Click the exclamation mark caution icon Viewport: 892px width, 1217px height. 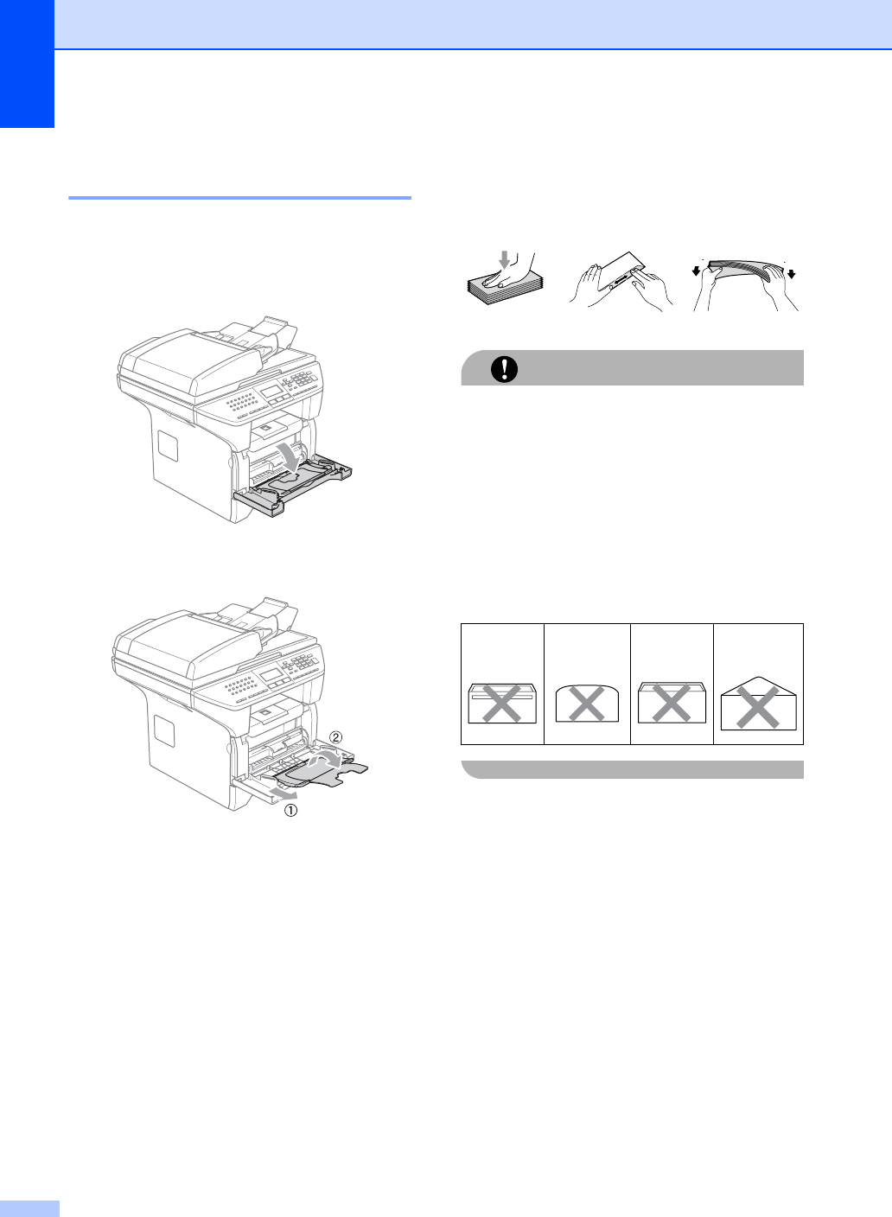(504, 369)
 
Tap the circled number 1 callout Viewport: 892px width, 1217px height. (291, 811)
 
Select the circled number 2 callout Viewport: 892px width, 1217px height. (336, 737)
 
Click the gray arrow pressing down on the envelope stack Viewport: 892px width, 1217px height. (505, 259)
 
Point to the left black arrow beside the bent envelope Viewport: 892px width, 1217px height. (697, 270)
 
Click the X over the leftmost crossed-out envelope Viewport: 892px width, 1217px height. (501, 704)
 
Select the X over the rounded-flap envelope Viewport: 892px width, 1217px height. (586, 704)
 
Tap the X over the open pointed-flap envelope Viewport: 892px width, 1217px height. (758, 707)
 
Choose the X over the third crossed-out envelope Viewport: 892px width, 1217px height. (672, 703)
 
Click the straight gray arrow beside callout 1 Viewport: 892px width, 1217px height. (284, 794)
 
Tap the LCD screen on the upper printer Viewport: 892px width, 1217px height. (271, 392)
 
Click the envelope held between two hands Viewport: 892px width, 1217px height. (621, 273)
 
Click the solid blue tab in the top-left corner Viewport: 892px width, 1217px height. (27, 64)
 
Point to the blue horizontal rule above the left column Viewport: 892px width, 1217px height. (239, 198)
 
